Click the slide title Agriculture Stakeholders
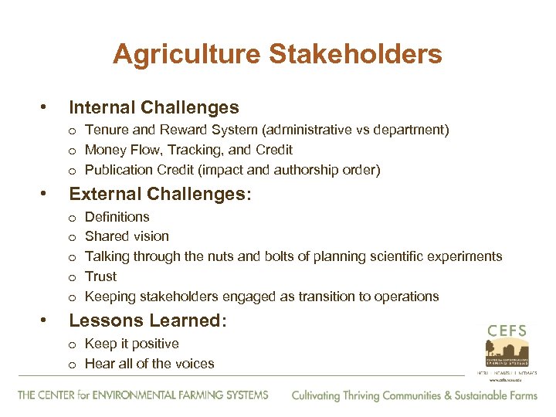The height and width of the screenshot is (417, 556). [277, 54]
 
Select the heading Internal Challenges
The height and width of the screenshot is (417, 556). [154, 107]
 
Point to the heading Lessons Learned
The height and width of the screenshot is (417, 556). [147, 320]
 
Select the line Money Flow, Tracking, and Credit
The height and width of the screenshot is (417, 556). [188, 150]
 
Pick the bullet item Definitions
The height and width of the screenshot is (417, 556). [117, 217]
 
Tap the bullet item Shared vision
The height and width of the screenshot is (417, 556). [127, 236]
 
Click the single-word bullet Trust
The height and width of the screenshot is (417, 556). [100, 276]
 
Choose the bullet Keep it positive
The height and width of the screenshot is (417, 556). [131, 344]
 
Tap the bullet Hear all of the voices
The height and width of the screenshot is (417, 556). [149, 364]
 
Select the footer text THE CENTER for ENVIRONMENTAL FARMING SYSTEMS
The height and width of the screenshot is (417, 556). [143, 395]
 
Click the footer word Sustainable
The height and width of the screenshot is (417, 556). [472, 395]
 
